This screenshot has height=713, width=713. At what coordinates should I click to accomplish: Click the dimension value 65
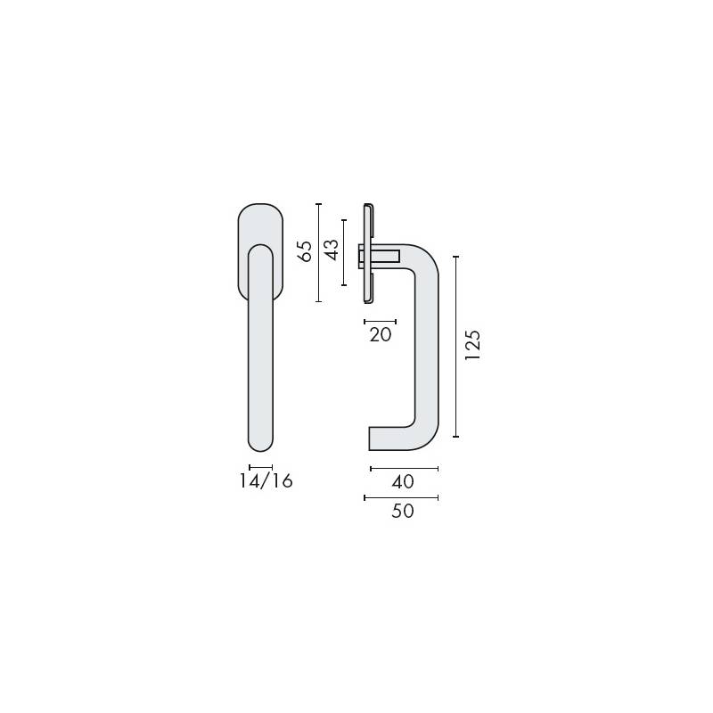pyautogui.click(x=305, y=251)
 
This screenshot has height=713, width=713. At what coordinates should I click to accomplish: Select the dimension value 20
pyautogui.click(x=381, y=335)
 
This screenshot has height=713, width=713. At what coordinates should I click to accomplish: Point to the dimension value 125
pyautogui.click(x=472, y=346)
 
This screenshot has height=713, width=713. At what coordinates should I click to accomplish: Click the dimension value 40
pyautogui.click(x=403, y=482)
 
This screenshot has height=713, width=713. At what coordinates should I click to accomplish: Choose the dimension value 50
pyautogui.click(x=403, y=512)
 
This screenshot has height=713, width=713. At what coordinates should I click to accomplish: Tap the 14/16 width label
pyautogui.click(x=266, y=482)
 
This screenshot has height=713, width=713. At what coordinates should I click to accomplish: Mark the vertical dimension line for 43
pyautogui.click(x=344, y=250)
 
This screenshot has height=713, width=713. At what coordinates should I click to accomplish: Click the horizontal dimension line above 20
pyautogui.click(x=381, y=320)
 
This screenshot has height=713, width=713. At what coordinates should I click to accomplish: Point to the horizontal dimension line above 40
pyautogui.click(x=403, y=468)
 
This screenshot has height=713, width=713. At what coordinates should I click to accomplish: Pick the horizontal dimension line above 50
pyautogui.click(x=401, y=497)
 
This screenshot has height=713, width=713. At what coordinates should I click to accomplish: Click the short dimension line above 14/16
pyautogui.click(x=260, y=467)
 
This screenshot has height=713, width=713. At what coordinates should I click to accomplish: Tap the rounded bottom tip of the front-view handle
pyautogui.click(x=260, y=443)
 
